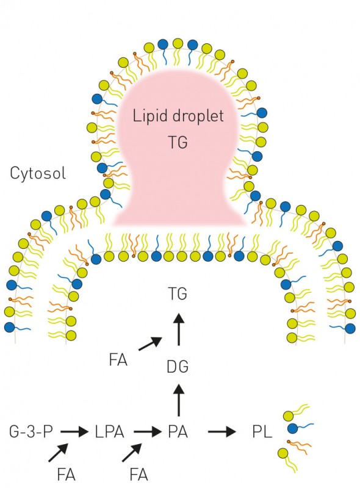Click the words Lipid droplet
click(x=178, y=117)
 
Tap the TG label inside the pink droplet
click(x=178, y=142)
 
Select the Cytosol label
click(x=38, y=173)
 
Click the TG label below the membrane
click(x=178, y=293)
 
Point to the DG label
click(x=178, y=367)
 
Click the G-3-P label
click(x=31, y=432)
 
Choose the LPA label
click(x=109, y=432)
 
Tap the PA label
click(x=178, y=432)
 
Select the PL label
click(x=262, y=432)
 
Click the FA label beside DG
click(x=118, y=360)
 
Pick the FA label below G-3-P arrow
click(x=67, y=475)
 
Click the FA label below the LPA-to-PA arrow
click(x=139, y=475)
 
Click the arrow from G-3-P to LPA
click(x=74, y=432)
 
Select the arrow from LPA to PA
click(x=148, y=432)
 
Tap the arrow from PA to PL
click(x=222, y=432)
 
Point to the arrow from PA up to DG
click(x=179, y=400)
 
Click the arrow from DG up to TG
click(x=179, y=329)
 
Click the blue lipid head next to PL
click(x=292, y=429)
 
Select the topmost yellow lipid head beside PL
click(x=289, y=415)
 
